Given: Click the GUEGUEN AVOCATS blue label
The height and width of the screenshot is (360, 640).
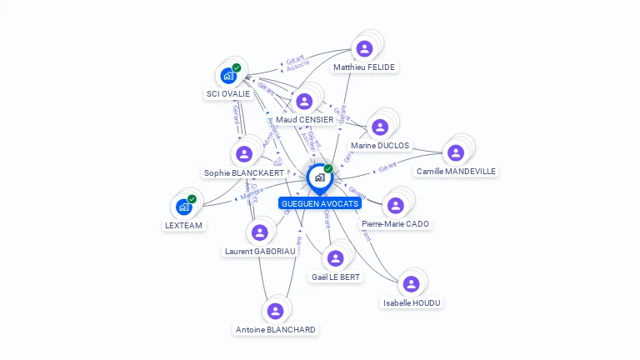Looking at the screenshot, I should pyautogui.click(x=320, y=203).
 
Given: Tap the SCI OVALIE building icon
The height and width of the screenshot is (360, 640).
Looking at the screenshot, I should pyautogui.click(x=228, y=76).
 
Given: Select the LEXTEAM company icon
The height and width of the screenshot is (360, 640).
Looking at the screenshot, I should pyautogui.click(x=184, y=207).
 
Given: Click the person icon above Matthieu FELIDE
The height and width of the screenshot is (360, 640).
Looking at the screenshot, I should pyautogui.click(x=364, y=48).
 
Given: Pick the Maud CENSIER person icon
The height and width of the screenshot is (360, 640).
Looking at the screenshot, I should pyautogui.click(x=304, y=102).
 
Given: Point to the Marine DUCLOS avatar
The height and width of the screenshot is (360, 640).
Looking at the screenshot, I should pyautogui.click(x=380, y=127).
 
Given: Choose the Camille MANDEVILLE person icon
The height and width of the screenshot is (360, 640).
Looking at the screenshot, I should pyautogui.click(x=456, y=153).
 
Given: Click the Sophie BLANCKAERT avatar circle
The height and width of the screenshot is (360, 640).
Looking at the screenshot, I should pyautogui.click(x=244, y=154).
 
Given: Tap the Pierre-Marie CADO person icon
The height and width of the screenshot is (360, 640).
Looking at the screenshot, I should pyautogui.click(x=396, y=205).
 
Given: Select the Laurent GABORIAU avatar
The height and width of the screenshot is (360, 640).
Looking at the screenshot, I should pyautogui.click(x=259, y=232).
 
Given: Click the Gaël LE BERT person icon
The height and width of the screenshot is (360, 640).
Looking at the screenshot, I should pyautogui.click(x=336, y=258).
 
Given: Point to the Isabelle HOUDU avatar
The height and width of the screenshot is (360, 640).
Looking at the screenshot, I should pyautogui.click(x=411, y=284).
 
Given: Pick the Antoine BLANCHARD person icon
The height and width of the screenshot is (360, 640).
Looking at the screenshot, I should pyautogui.click(x=275, y=311).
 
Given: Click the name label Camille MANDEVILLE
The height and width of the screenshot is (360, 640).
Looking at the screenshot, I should pyautogui.click(x=456, y=172).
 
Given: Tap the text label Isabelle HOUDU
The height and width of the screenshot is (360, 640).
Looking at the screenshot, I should pyautogui.click(x=412, y=302).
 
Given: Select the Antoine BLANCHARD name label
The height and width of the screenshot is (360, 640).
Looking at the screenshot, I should pyautogui.click(x=276, y=329).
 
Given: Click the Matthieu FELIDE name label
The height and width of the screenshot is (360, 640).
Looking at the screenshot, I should pyautogui.click(x=364, y=67).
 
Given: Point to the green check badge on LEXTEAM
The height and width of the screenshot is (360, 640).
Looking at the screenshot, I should pyautogui.click(x=192, y=199).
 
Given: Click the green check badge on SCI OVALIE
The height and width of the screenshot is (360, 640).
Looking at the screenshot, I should pyautogui.click(x=237, y=67).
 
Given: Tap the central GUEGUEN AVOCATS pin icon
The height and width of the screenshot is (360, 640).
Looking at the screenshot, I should pyautogui.click(x=319, y=177).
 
